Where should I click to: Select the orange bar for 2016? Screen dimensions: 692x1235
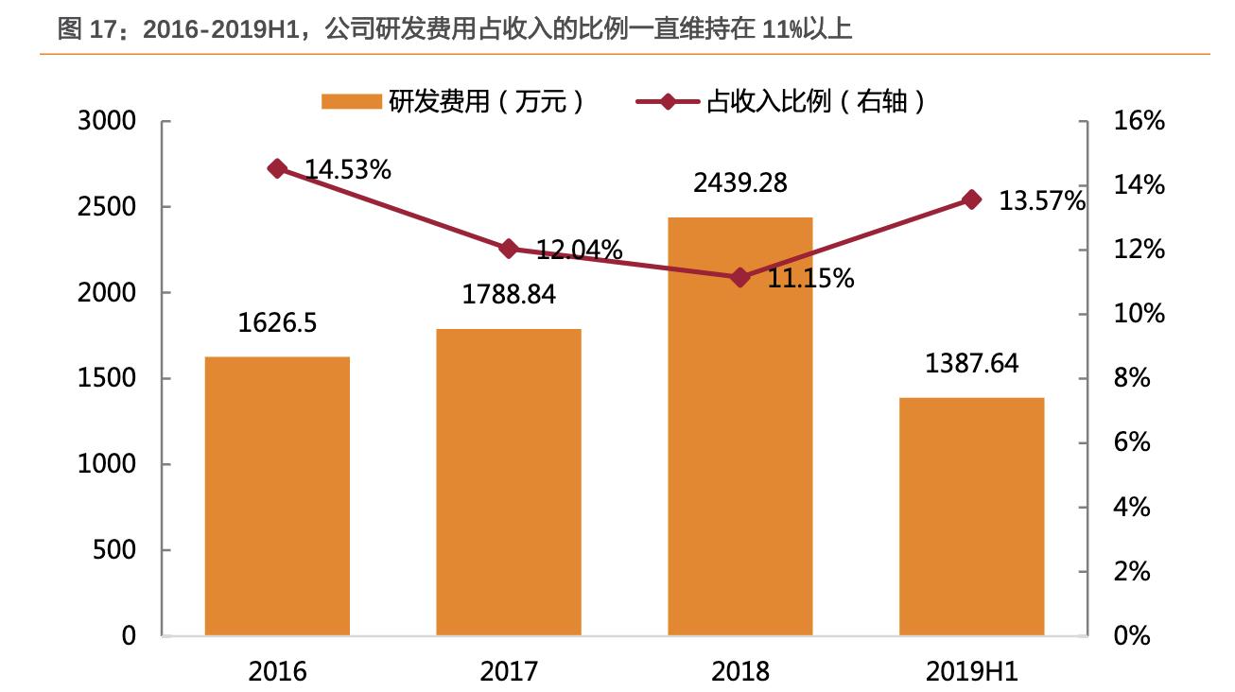(277, 495)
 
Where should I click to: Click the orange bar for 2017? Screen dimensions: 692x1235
(509, 482)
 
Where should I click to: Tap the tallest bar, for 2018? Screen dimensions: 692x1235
(740, 426)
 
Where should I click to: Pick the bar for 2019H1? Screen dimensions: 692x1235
(971, 516)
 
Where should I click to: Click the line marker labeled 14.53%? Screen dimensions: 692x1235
(277, 168)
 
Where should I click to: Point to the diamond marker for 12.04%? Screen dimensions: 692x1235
(509, 249)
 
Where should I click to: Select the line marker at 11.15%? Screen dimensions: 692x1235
(740, 277)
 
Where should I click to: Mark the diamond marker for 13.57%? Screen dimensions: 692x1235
(971, 199)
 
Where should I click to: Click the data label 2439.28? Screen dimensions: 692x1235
(740, 182)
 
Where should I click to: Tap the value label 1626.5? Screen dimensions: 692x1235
(277, 322)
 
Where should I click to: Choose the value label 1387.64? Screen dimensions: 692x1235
(971, 363)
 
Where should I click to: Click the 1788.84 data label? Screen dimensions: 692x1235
(509, 294)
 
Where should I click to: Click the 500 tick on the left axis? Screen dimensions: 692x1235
(114, 550)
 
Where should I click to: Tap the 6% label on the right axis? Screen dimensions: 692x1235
(1133, 442)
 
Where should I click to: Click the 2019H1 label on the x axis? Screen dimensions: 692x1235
(971, 671)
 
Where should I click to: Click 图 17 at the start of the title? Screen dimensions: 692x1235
(83, 30)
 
